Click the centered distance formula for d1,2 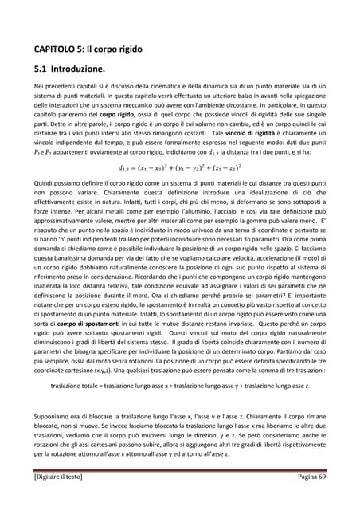pos(179,168)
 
